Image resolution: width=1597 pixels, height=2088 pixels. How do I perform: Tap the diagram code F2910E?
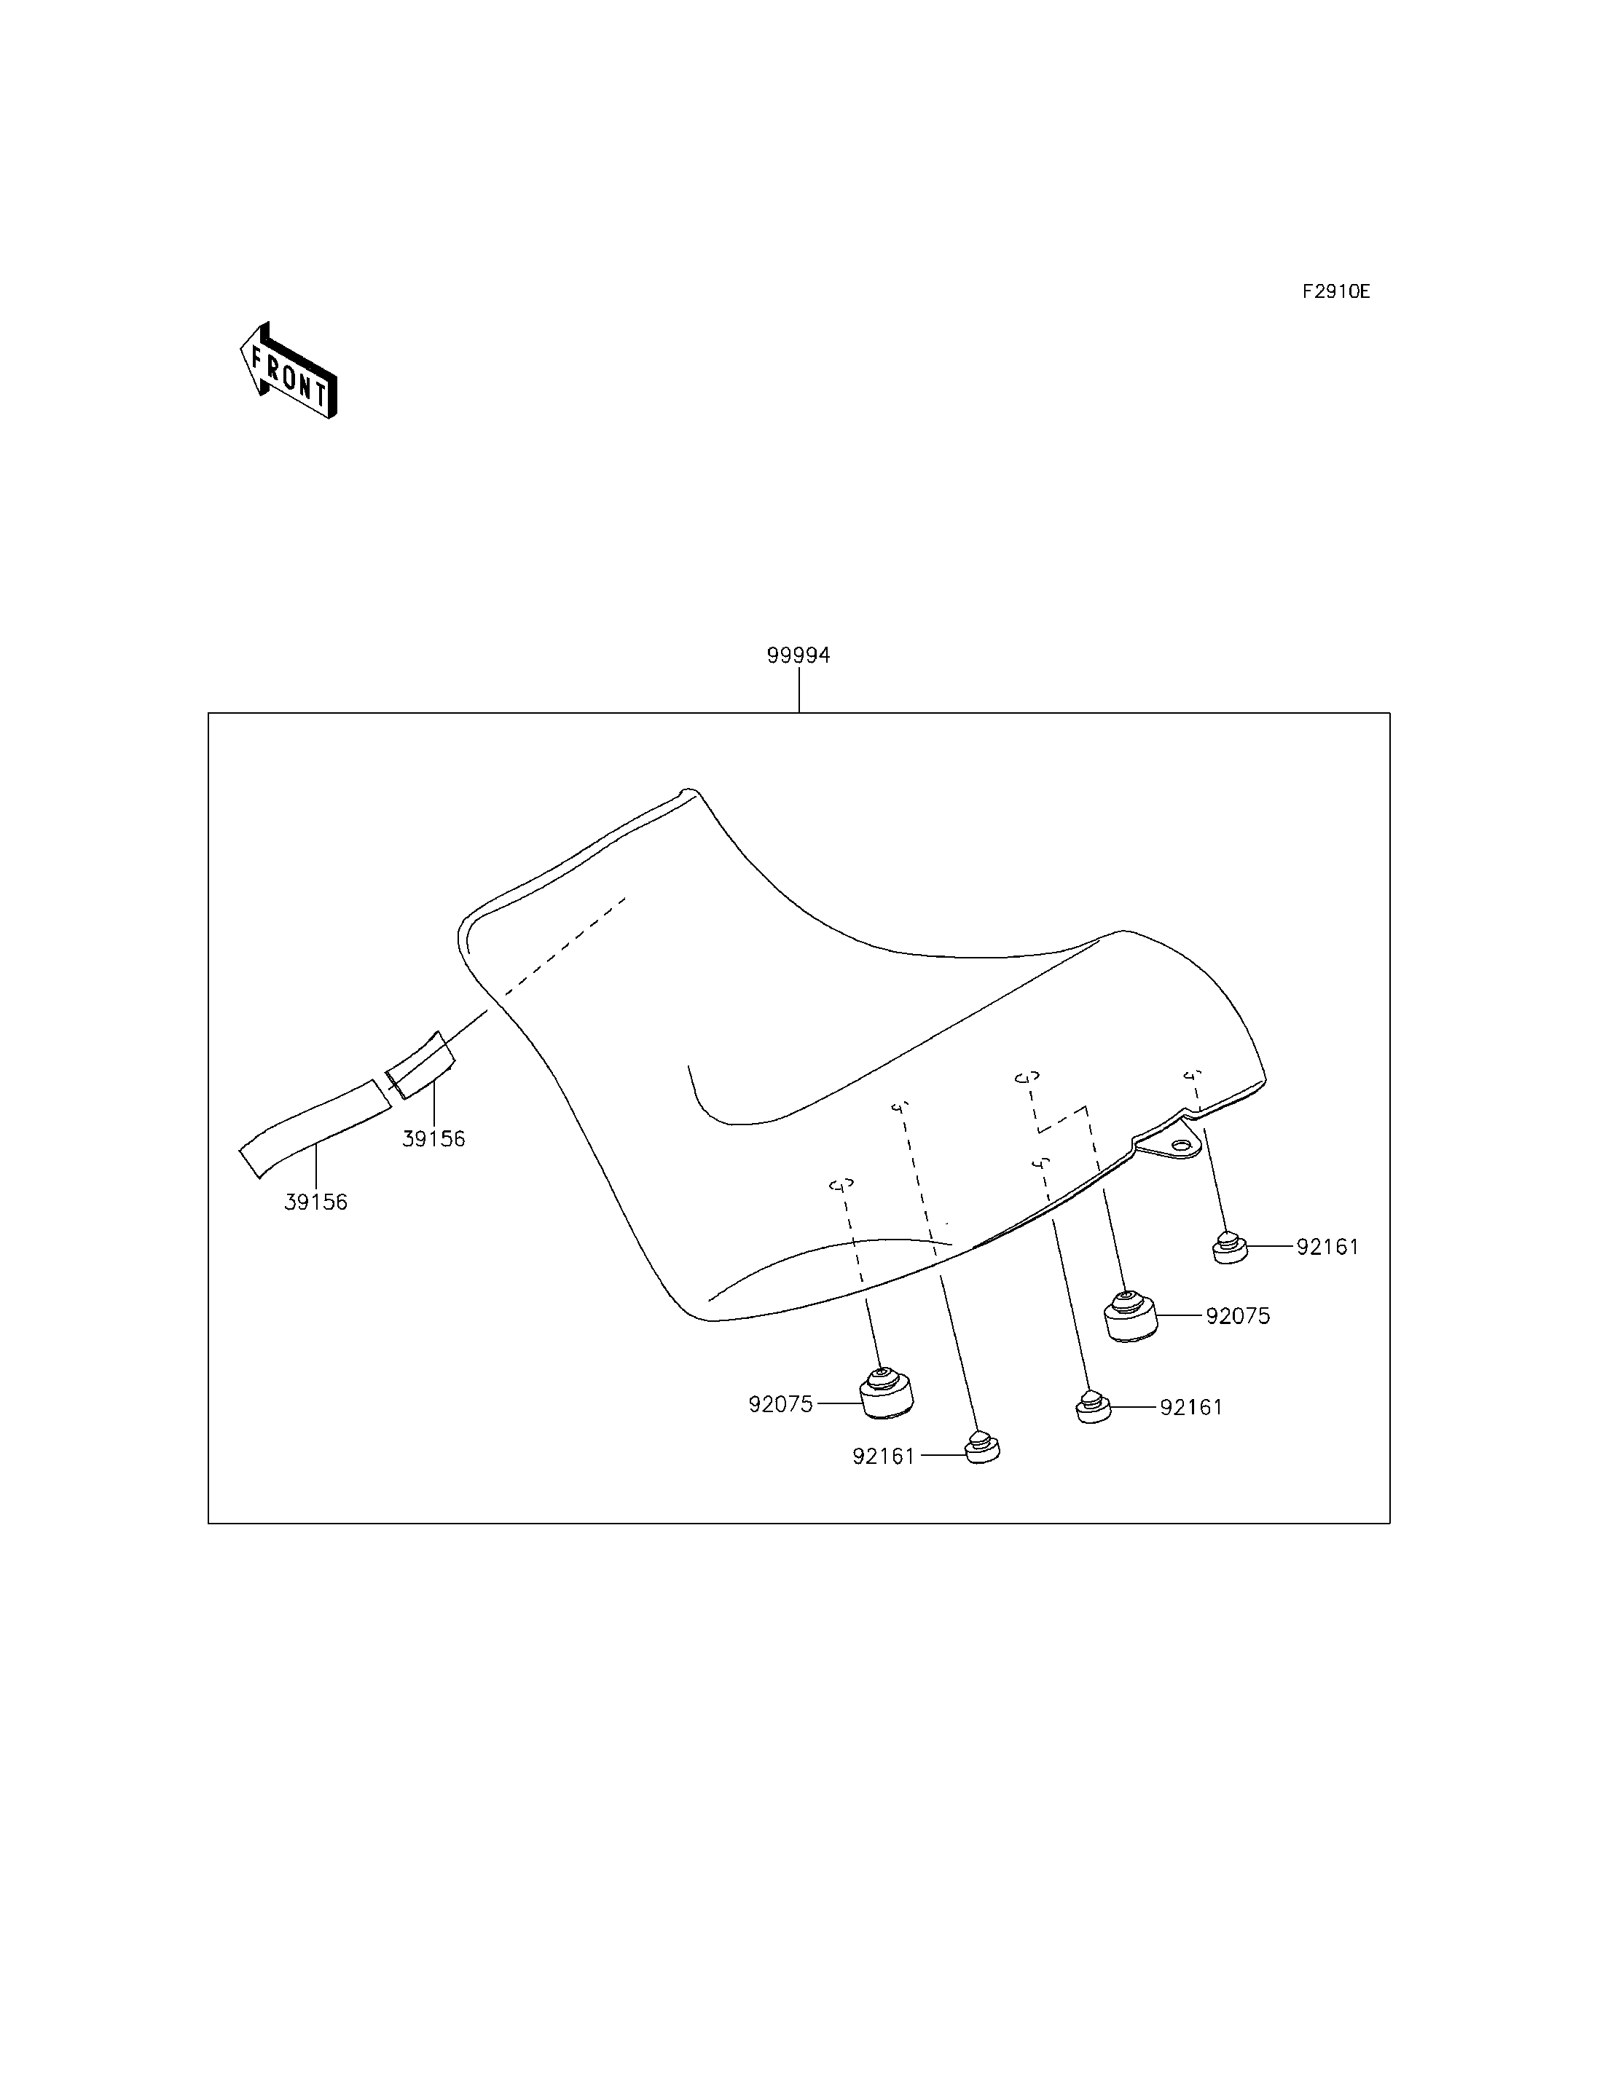1335,292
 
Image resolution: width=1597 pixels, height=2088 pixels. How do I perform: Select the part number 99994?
798,655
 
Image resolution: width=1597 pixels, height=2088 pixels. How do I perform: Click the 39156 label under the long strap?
315,1202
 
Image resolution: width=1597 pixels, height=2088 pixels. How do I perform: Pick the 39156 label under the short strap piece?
433,1138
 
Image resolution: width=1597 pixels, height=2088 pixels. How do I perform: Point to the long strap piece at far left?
315,1128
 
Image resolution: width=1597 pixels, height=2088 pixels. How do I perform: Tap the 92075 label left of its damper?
780,1430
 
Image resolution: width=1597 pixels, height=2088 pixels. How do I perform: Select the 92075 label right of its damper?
1238,1316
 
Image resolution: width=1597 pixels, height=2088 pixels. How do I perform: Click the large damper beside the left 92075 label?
886,1421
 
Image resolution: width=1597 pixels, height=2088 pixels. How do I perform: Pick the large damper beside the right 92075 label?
1129,1315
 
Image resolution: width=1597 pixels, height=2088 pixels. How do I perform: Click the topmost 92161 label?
1328,1247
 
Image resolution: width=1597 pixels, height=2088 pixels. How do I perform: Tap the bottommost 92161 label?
883,1483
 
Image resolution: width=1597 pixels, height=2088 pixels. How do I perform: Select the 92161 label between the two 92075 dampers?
1191,1434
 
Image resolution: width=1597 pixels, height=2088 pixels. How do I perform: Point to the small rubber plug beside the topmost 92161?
1230,1247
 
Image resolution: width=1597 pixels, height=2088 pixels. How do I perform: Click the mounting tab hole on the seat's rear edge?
1180,1147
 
